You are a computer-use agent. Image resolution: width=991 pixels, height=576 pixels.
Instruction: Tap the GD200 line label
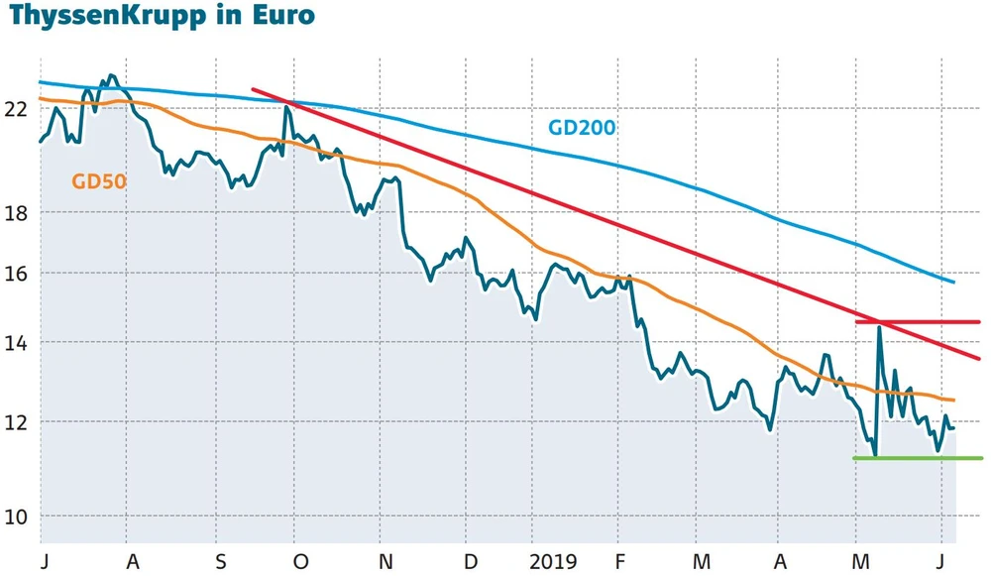pyautogui.click(x=582, y=128)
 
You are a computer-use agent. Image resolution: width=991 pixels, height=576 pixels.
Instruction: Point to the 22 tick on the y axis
pyautogui.click(x=17, y=109)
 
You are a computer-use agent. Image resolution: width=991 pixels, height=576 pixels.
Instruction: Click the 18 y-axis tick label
pyautogui.click(x=17, y=213)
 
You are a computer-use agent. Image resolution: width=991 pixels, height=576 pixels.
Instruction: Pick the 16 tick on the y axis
pyautogui.click(x=17, y=273)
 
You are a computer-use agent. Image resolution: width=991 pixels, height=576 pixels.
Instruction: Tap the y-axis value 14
pyautogui.click(x=17, y=342)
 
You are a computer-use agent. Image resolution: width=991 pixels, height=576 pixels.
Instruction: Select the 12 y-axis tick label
pyautogui.click(x=17, y=421)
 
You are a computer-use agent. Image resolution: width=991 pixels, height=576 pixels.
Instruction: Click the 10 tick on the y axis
pyautogui.click(x=17, y=517)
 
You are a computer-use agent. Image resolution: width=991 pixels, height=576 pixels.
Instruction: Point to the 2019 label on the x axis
pyautogui.click(x=552, y=561)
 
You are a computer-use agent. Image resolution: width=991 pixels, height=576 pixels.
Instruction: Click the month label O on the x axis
pyautogui.click(x=300, y=561)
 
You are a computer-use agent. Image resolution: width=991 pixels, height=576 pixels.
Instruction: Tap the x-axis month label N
pyautogui.click(x=385, y=561)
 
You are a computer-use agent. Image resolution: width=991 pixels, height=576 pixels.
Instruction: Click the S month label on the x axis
pyautogui.click(x=221, y=561)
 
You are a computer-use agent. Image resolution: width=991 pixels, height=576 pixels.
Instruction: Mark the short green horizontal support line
pyautogui.click(x=917, y=458)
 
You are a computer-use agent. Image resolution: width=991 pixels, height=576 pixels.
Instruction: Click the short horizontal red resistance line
pyautogui.click(x=917, y=321)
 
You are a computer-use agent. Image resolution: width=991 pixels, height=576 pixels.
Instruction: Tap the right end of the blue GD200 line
pyautogui.click(x=952, y=283)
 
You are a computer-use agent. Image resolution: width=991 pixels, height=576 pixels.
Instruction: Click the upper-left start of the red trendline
pyautogui.click(x=254, y=89)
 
